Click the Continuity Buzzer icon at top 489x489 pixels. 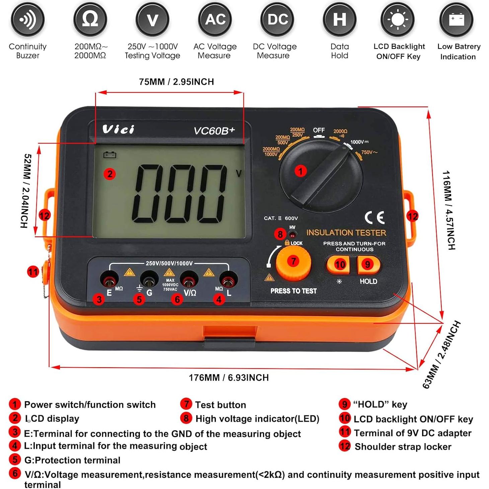[27, 20]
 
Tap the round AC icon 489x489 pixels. [215, 20]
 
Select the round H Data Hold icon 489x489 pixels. [339, 20]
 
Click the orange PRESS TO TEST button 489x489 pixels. [293, 263]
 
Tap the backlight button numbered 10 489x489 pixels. [338, 265]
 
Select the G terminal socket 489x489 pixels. [149, 279]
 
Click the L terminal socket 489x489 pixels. [229, 279]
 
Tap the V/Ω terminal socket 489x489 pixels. [188, 279]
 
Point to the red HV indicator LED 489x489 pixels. [293, 234]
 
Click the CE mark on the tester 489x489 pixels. [375, 218]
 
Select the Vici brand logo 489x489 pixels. [118, 129]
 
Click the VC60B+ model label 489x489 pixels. [214, 131]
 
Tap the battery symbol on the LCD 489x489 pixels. [110, 155]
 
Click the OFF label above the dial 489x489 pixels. [319, 130]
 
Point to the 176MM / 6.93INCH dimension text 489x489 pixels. [229, 378]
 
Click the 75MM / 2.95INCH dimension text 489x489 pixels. [176, 82]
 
